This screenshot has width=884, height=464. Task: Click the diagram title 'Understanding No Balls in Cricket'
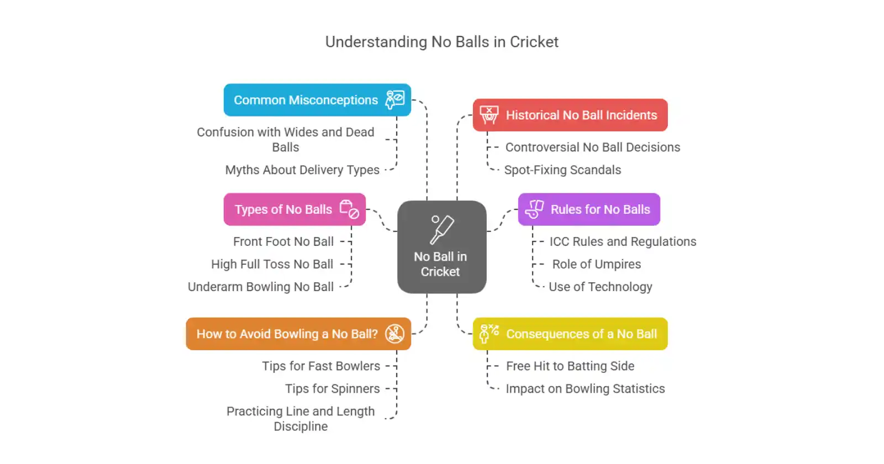(441, 42)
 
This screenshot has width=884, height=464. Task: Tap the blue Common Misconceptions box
(317, 100)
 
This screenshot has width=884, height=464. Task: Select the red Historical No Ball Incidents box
(570, 115)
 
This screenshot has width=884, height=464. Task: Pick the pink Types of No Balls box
(294, 209)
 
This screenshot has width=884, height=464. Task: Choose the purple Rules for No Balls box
(589, 209)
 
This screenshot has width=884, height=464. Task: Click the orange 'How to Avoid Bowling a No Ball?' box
(298, 334)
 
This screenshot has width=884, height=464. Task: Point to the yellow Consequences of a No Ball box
(570, 334)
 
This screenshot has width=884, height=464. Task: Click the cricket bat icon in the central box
(441, 229)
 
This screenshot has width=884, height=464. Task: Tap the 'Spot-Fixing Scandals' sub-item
(562, 170)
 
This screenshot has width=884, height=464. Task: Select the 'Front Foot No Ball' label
(283, 242)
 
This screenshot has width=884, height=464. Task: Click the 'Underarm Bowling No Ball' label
(261, 287)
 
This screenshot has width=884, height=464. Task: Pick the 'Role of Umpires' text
(597, 265)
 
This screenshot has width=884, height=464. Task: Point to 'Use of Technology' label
(601, 287)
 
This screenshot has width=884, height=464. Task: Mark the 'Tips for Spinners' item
(333, 389)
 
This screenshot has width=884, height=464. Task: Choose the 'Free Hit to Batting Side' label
(570, 366)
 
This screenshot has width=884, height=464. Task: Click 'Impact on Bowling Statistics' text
(585, 389)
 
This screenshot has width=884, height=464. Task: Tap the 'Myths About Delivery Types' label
(302, 170)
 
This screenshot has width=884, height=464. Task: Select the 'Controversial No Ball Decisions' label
(593, 147)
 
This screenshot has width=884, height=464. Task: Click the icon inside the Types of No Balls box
(349, 209)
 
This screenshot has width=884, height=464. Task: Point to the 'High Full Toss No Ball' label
(272, 265)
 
